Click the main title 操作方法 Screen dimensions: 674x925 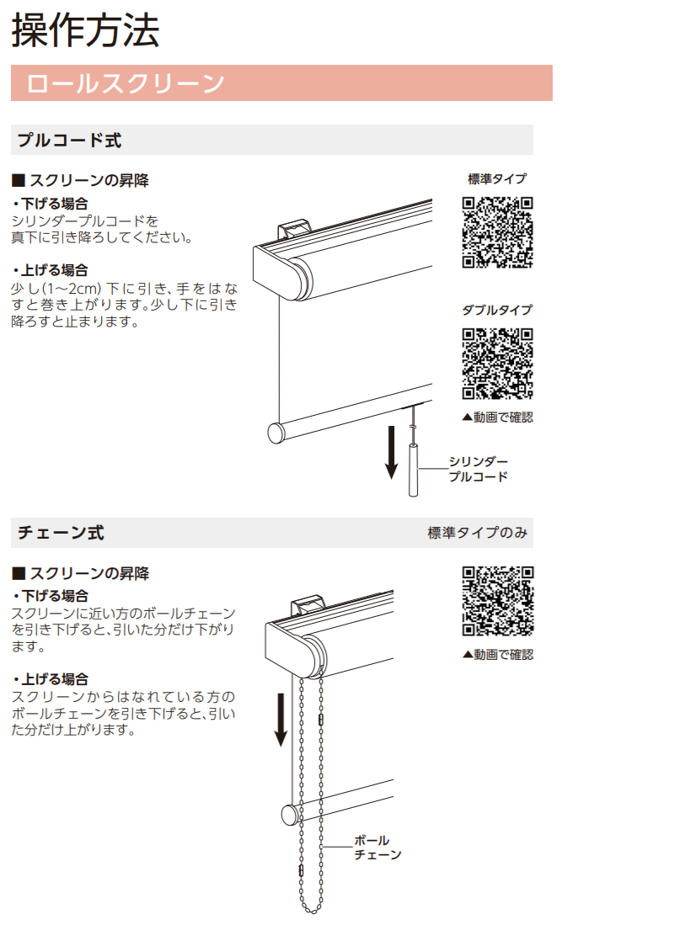point(85,30)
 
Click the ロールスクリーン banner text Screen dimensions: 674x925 point(126,83)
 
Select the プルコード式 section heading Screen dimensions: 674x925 point(69,141)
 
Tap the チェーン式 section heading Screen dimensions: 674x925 point(61,533)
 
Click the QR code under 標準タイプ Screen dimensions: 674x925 point(497,232)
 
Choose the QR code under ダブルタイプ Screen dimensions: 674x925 point(497,364)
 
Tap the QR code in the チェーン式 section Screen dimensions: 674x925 point(497,601)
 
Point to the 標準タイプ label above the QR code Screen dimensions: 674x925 point(497,178)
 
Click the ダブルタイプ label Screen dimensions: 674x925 point(497,310)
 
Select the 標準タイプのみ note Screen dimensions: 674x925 point(478,533)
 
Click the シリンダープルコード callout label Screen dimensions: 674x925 point(478,469)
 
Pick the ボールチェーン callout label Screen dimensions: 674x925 point(377,848)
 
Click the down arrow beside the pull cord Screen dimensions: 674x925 point(391,452)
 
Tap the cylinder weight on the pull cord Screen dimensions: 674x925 point(414,470)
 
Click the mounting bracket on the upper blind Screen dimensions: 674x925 point(294,230)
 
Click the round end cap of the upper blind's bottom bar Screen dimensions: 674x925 point(275,433)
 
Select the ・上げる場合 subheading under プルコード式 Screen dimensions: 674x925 point(51,270)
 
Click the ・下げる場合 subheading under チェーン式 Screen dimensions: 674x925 point(51,596)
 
